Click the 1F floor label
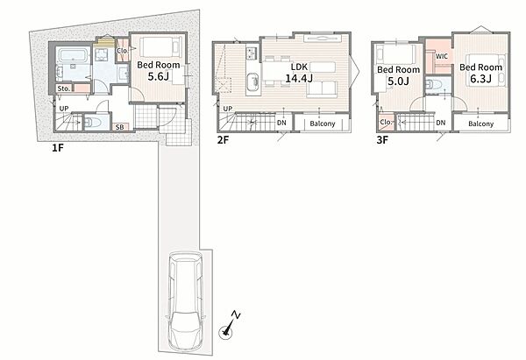[x=57, y=147]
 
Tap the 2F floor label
[x=223, y=140]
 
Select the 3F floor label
[x=382, y=140]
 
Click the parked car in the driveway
[x=185, y=300]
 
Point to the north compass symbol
[x=229, y=325]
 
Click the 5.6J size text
[x=158, y=77]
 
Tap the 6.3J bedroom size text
[x=480, y=79]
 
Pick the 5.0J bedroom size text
[x=398, y=81]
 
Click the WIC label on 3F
[x=441, y=56]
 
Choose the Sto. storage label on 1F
[x=64, y=88]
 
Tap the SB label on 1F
[x=119, y=127]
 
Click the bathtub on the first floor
[x=73, y=56]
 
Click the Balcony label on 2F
[x=323, y=124]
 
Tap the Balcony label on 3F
[x=481, y=124]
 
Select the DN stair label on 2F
[x=281, y=123]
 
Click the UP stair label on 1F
[x=64, y=109]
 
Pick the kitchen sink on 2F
[x=253, y=81]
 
